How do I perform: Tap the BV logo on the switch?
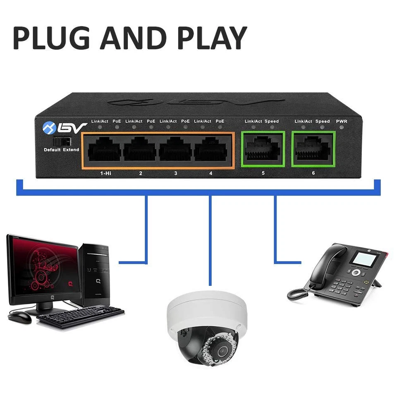pos(65,127)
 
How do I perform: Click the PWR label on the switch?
pos(342,121)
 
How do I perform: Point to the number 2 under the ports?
pos(141,173)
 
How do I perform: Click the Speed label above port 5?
pos(272,121)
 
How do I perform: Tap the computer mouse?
pos(19,317)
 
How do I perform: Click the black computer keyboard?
pos(81,316)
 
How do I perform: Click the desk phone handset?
pos(327,265)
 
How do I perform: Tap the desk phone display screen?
pos(364,260)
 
